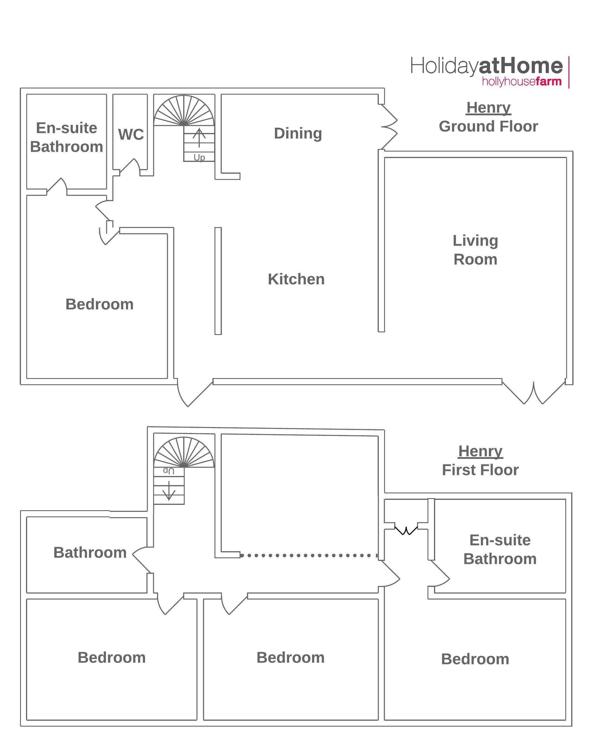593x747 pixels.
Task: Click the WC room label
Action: click(131, 135)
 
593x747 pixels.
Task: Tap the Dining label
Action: click(298, 133)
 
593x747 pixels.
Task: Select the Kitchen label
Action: click(296, 279)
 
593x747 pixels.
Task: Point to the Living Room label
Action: click(476, 250)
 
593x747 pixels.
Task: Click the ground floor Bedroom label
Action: click(99, 304)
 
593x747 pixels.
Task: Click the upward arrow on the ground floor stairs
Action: click(199, 137)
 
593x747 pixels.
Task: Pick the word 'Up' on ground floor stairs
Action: click(199, 158)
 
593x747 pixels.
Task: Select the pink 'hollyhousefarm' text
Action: click(522, 82)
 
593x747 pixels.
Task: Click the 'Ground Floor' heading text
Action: click(488, 127)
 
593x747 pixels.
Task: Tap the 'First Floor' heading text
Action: click(480, 470)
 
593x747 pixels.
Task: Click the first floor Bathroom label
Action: click(90, 553)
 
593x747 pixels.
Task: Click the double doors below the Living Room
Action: click(534, 393)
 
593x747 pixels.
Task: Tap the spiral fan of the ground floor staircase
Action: click(184, 111)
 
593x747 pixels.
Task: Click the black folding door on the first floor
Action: click(406, 530)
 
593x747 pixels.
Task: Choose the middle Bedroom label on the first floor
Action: click(290, 658)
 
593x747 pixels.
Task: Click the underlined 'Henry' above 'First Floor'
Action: click(480, 452)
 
